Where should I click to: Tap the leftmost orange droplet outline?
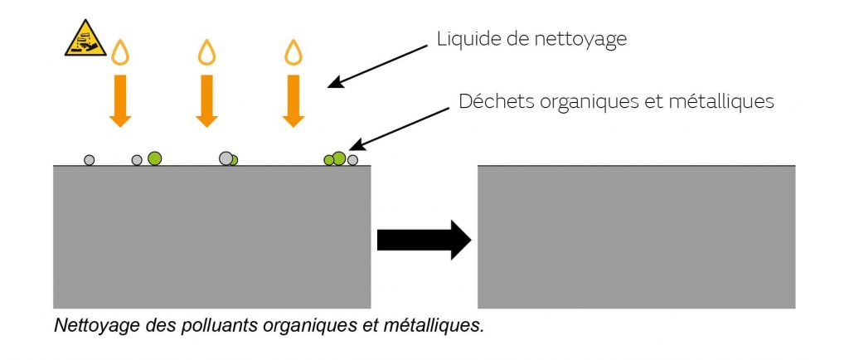point(120,52)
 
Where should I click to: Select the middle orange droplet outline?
point(206,52)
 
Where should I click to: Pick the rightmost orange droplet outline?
point(293,52)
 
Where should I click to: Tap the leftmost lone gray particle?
point(90,160)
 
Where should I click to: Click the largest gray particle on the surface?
point(226,158)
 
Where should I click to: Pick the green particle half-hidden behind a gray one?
point(235,160)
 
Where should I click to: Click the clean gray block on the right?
point(636,237)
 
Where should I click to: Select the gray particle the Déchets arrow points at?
point(352,160)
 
